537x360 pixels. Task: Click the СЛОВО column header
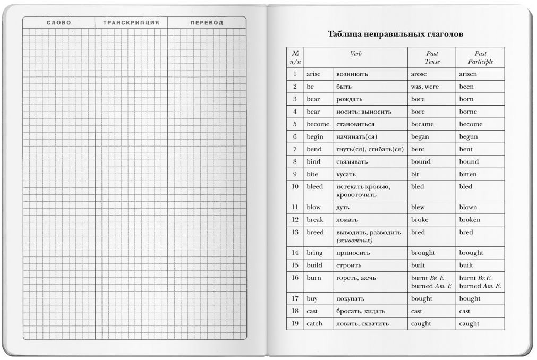(58, 23)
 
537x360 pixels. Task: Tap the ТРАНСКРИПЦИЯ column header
(131, 23)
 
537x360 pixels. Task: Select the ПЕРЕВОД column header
(207, 23)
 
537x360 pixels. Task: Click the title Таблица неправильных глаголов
(396, 35)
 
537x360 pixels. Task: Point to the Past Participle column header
(481, 57)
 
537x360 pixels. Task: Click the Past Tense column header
(432, 57)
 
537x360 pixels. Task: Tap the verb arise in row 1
(314, 74)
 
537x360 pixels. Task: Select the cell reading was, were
(425, 87)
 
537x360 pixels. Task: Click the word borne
(468, 112)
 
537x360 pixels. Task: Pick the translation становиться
(355, 124)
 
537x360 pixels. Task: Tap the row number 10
(295, 186)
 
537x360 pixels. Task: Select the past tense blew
(418, 207)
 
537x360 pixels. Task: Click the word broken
(470, 220)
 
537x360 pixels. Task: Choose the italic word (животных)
(354, 241)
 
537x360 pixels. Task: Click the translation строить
(348, 265)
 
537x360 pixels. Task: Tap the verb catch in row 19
(314, 323)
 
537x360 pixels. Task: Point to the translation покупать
(351, 298)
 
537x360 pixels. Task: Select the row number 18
(295, 311)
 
